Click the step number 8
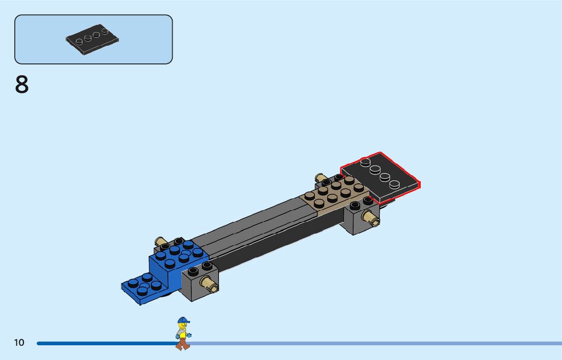pos(22,84)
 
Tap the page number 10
pos(19,342)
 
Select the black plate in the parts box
pos(92,39)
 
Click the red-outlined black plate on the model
pos(380,177)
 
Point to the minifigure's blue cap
pos(183,320)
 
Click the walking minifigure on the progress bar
pos(183,334)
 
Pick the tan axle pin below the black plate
pos(371,217)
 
